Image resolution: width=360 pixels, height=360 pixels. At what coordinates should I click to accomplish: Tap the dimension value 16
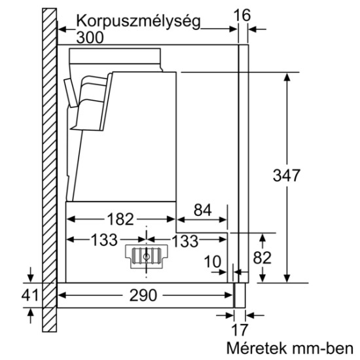click(x=243, y=13)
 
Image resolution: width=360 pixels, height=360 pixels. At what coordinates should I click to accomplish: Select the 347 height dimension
click(x=286, y=176)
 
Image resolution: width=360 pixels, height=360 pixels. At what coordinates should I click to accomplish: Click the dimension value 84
click(x=203, y=211)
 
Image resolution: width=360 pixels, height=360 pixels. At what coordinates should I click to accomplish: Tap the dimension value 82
click(x=262, y=258)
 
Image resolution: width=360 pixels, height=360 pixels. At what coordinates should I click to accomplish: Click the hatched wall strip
click(x=48, y=170)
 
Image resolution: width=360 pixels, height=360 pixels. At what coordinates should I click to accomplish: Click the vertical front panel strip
click(x=243, y=164)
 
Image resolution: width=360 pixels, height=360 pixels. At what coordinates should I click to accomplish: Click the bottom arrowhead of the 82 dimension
click(x=262, y=279)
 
